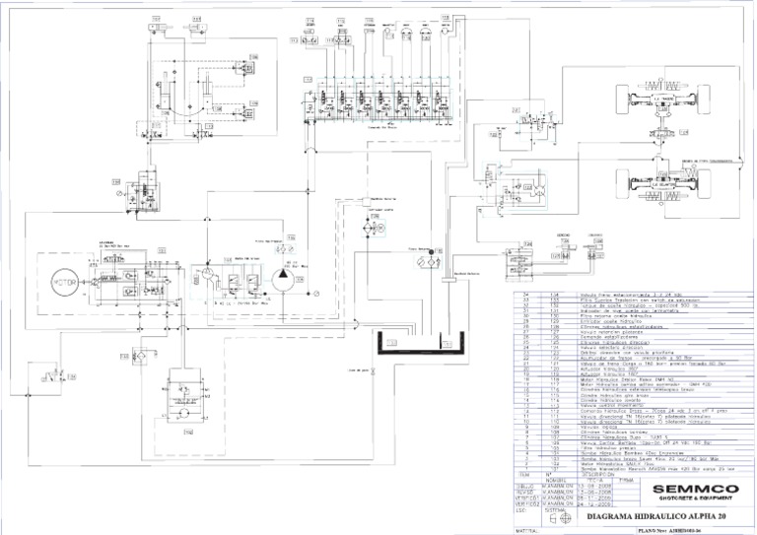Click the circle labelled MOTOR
64,285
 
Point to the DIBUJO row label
526,485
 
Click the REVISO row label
526,492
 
